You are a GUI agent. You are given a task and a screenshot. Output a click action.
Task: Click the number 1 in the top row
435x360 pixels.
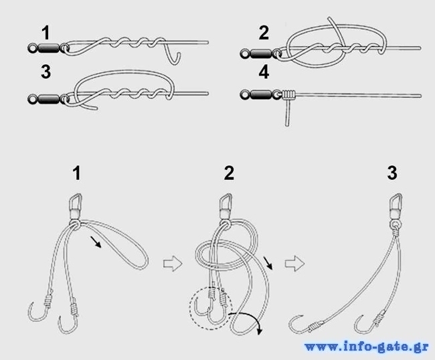(46, 33)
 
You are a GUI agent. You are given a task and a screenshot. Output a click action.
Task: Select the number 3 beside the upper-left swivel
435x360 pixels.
(46, 72)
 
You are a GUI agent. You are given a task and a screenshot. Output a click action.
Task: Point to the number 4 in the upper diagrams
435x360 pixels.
(264, 72)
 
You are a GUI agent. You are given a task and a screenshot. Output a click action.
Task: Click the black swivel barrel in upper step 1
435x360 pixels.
(49, 48)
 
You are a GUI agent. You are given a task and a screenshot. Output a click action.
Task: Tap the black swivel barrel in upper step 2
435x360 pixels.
(261, 54)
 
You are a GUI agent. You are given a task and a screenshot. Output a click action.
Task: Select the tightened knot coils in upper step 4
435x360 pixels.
(288, 95)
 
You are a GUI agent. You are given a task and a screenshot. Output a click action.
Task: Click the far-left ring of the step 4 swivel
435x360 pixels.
(245, 95)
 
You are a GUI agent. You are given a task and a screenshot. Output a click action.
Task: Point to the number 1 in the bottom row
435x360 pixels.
(77, 173)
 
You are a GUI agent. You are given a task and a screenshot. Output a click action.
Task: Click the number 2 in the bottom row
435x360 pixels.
(229, 173)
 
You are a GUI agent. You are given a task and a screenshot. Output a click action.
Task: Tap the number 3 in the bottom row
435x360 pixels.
(392, 173)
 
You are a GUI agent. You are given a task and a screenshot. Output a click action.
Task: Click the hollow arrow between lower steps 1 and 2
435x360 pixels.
(173, 263)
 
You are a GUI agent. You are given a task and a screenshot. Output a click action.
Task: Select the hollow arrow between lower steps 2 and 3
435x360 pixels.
(294, 263)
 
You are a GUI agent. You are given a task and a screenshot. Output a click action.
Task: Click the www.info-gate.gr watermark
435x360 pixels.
(367, 347)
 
